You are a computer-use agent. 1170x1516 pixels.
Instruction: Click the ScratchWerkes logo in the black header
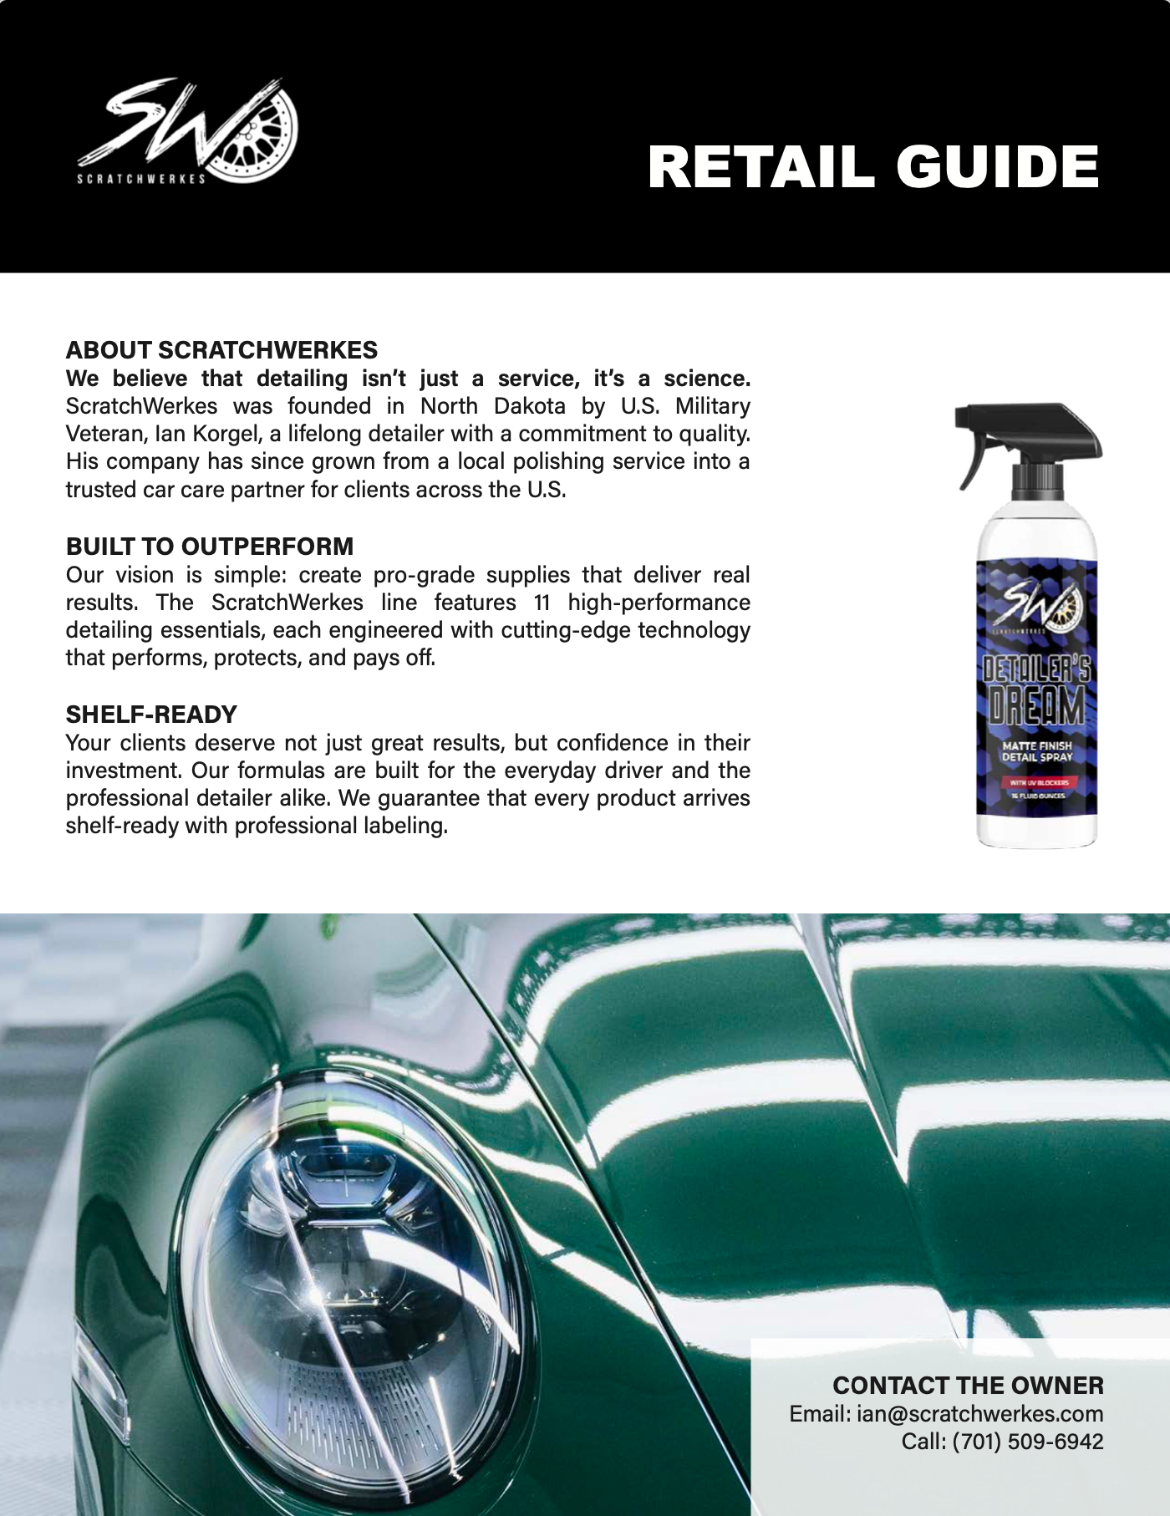click(x=188, y=131)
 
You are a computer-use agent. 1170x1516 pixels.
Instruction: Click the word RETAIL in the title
click(x=760, y=167)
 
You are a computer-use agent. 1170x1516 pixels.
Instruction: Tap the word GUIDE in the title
click(x=998, y=167)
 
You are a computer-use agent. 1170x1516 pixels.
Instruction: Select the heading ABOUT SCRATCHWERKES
click(x=221, y=350)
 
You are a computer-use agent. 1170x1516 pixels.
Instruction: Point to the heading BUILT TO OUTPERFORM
click(x=210, y=547)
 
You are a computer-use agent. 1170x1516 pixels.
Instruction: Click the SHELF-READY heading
click(x=151, y=715)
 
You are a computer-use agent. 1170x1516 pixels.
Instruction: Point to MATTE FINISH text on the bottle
click(x=1036, y=745)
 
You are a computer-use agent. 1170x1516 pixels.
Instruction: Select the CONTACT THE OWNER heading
click(x=968, y=1386)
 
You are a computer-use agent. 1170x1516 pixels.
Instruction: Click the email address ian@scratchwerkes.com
click(x=979, y=1414)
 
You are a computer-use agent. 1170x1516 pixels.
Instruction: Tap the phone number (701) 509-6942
click(x=1027, y=1442)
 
